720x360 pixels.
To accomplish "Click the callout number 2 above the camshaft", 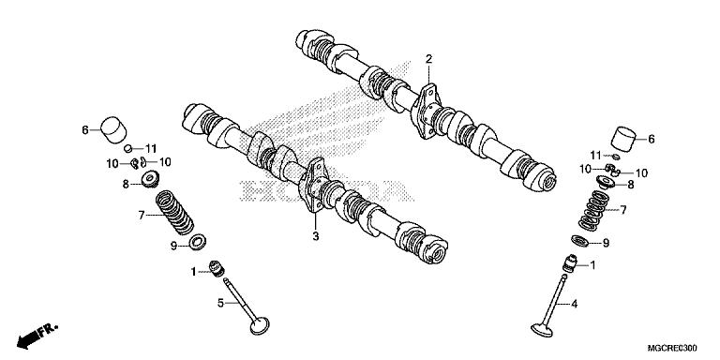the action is click(x=428, y=59).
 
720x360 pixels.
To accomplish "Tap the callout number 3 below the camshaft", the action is click(x=315, y=236).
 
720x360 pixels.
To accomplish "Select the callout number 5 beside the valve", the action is click(x=221, y=303).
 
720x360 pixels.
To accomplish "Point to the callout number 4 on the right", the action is click(x=574, y=304).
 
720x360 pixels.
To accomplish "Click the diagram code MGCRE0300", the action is click(x=672, y=349).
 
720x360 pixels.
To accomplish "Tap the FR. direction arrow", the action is click(x=37, y=335).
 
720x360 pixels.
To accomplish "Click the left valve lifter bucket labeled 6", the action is click(x=112, y=128).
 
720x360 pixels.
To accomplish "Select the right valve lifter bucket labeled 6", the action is click(x=624, y=138).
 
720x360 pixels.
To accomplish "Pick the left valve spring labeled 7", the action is click(x=174, y=212).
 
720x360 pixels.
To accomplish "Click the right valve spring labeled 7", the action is click(x=593, y=210).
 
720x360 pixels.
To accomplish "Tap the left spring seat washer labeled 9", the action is click(x=198, y=242).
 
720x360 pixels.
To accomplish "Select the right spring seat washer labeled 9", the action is click(x=580, y=241).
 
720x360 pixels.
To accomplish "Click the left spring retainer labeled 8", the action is click(x=150, y=179).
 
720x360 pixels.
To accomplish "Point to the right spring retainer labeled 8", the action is click(x=607, y=182).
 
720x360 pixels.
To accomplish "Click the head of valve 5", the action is click(x=260, y=325).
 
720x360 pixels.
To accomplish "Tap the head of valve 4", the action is click(x=542, y=330).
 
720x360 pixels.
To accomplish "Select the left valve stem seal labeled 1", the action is click(x=216, y=268).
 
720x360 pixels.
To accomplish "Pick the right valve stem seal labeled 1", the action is click(x=569, y=263).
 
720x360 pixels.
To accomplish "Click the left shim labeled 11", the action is click(x=128, y=148).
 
